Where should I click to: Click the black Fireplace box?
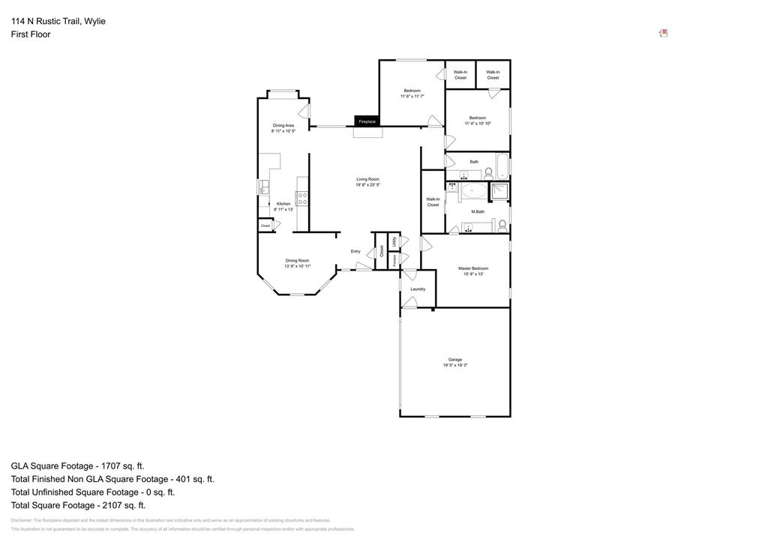click(x=367, y=121)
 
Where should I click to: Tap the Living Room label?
click(x=367, y=179)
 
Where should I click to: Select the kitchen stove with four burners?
click(x=302, y=199)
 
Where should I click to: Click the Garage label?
click(x=454, y=359)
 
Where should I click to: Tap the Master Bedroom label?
click(x=473, y=268)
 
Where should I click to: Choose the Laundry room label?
click(x=418, y=289)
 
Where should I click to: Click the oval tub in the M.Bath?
click(x=472, y=190)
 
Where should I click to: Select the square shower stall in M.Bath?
click(x=499, y=192)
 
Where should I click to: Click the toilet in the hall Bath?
click(x=488, y=172)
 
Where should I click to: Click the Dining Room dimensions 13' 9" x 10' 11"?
click(x=297, y=266)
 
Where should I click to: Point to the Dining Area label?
click(x=283, y=125)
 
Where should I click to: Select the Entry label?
click(x=355, y=251)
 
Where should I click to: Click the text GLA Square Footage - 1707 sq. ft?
click(x=77, y=466)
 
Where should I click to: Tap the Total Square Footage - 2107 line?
click(x=78, y=505)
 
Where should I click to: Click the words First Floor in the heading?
click(x=31, y=34)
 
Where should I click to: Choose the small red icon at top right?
click(x=663, y=33)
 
